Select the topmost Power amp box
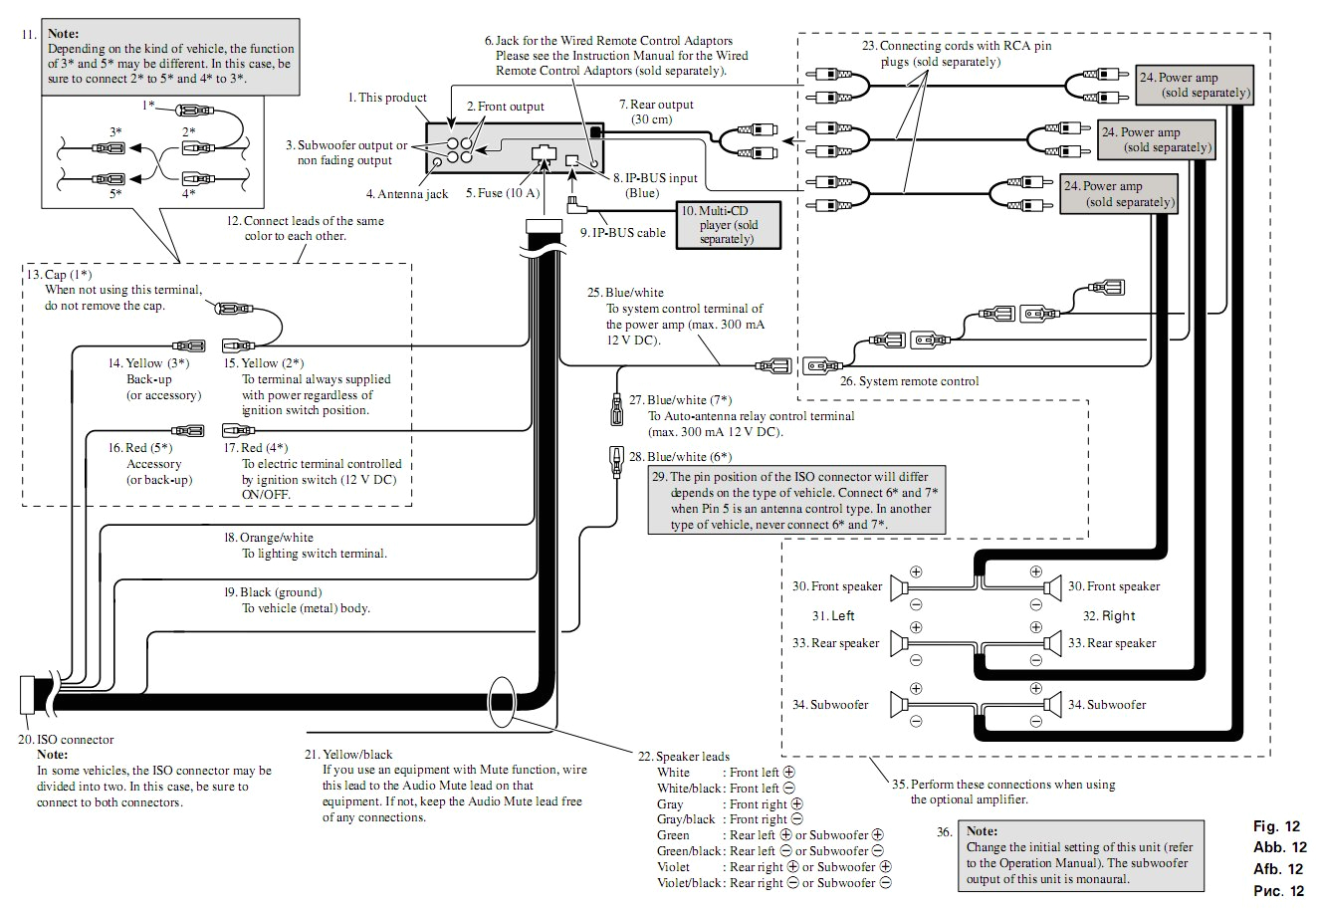1195,85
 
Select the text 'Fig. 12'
1277,827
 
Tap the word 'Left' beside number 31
842,615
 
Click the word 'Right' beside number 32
1119,615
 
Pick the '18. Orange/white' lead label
268,538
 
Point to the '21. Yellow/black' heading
348,755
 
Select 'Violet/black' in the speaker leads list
689,883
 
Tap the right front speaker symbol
1052,586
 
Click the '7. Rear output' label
655,105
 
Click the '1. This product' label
387,98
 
